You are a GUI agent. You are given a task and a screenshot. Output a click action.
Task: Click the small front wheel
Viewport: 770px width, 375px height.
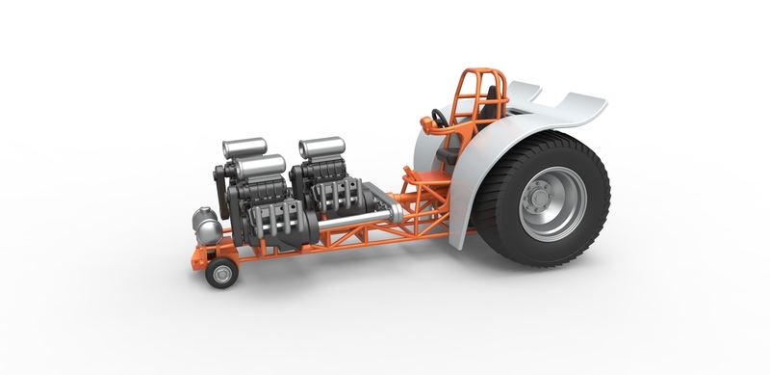tap(221, 273)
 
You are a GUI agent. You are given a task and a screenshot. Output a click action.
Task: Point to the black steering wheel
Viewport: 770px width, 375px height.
tap(439, 120)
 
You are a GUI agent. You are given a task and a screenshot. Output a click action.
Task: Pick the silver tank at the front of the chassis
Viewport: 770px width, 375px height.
tap(205, 226)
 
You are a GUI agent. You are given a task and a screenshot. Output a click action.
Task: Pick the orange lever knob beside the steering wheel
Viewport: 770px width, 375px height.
tap(425, 122)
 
